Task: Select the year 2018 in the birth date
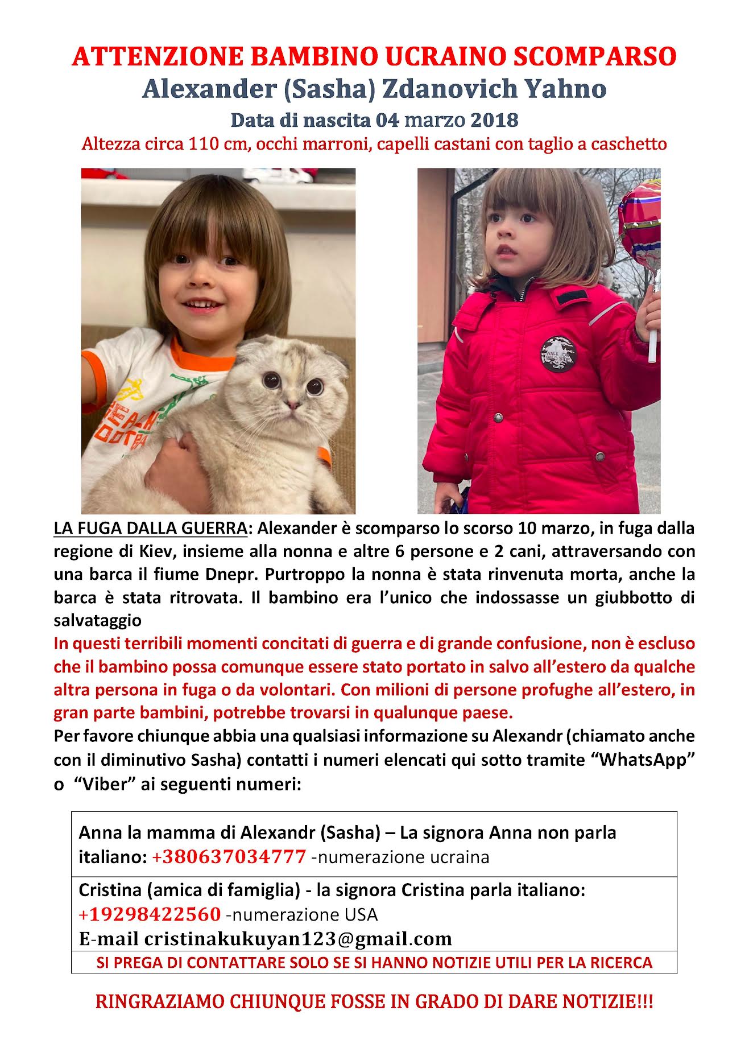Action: [x=494, y=120]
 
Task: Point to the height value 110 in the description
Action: [x=204, y=143]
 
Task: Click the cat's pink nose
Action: [x=292, y=405]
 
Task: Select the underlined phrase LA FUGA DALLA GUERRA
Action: [x=150, y=528]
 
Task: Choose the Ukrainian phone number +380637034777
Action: [x=229, y=857]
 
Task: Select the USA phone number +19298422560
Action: [x=150, y=914]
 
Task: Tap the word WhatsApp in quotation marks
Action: [x=645, y=760]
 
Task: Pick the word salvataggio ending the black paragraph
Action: [x=97, y=620]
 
